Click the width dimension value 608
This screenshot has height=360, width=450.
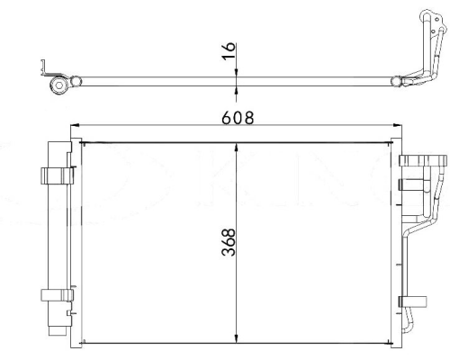[x=238, y=118]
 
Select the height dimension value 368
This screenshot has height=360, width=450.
[x=229, y=242]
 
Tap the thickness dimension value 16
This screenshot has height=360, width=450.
[x=229, y=51]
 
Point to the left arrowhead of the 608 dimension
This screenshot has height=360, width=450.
[x=74, y=125]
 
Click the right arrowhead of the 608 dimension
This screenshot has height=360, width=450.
[x=398, y=125]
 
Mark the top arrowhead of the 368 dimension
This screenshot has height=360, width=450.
[x=237, y=148]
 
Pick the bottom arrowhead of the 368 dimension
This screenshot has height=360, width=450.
[x=237, y=338]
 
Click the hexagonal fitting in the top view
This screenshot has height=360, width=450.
[x=58, y=85]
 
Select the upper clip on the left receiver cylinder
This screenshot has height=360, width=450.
[x=57, y=175]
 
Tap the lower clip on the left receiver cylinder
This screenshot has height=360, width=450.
[x=57, y=295]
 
